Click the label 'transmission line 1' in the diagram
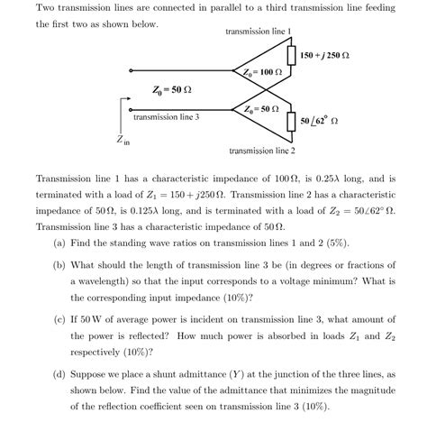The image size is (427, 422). pos(259,32)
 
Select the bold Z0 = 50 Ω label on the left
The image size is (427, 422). pos(171,90)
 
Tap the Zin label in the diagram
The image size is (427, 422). pos(123,141)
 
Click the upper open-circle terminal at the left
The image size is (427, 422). pos(131,70)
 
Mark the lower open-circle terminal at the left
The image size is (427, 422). pos(131,108)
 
